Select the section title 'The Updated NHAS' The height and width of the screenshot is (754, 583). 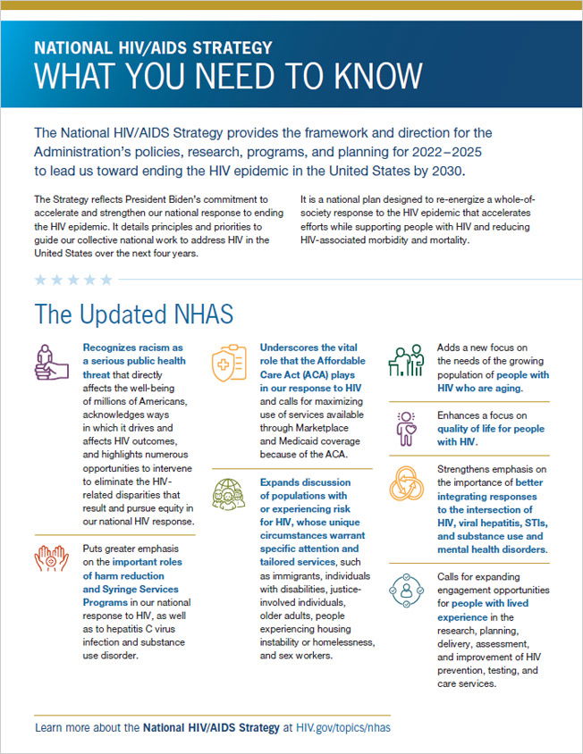pyautogui.click(x=134, y=314)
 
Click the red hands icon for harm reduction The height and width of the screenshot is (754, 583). pyautogui.click(x=52, y=557)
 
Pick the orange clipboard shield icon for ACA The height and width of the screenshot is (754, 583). pyautogui.click(x=228, y=362)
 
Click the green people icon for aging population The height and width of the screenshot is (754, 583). pyautogui.click(x=404, y=360)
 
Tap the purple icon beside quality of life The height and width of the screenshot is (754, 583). pyautogui.click(x=404, y=427)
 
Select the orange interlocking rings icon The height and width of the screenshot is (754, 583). pyautogui.click(x=405, y=482)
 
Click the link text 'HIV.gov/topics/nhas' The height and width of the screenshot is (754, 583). pyautogui.click(x=343, y=728)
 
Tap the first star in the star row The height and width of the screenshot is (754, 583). pyautogui.click(x=39, y=280)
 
